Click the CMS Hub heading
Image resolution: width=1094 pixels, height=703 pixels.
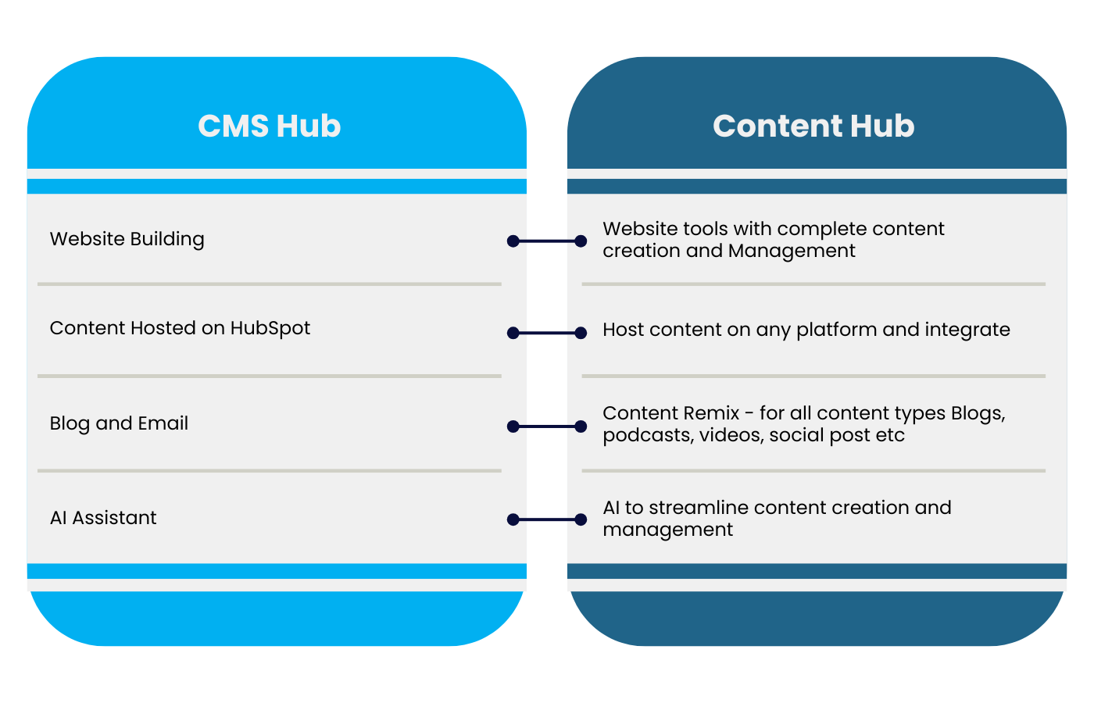click(269, 126)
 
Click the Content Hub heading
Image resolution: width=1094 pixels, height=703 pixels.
click(813, 126)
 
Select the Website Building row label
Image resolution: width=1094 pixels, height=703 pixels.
click(127, 239)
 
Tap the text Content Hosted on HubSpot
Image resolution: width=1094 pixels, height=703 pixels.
click(180, 328)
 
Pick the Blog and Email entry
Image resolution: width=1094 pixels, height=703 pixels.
click(119, 423)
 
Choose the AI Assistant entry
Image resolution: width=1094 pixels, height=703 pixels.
click(103, 518)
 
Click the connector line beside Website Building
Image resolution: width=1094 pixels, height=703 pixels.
click(547, 241)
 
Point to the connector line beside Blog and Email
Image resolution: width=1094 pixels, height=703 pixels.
click(547, 426)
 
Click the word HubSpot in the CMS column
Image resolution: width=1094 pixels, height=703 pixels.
click(270, 328)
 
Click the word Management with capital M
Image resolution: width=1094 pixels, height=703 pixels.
click(792, 251)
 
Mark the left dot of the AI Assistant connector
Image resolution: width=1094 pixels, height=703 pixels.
click(513, 519)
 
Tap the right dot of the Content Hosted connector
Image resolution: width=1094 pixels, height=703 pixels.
click(581, 333)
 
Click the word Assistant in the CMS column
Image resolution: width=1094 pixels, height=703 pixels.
click(114, 518)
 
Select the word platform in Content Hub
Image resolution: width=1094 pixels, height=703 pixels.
click(836, 330)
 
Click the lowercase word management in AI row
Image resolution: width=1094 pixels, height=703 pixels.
click(667, 530)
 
